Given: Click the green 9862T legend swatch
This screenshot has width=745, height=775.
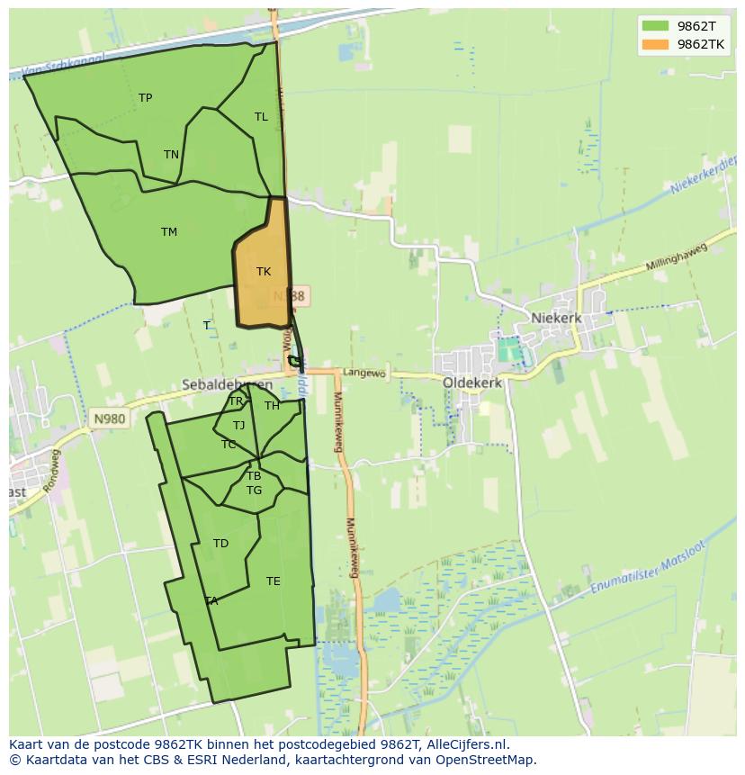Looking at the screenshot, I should [x=655, y=26].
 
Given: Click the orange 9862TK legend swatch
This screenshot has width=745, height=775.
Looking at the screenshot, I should [x=655, y=44].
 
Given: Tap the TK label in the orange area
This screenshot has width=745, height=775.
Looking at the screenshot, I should [x=264, y=272].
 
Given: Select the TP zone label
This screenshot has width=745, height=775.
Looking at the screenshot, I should [x=146, y=98].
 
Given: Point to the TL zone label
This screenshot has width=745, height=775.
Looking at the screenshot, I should [x=261, y=117].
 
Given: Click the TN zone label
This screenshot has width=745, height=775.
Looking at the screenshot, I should [x=171, y=155].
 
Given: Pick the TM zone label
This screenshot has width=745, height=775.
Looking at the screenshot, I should [x=169, y=232].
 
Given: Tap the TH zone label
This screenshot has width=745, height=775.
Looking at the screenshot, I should [x=272, y=406].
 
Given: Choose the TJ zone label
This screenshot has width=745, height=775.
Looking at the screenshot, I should [x=238, y=426].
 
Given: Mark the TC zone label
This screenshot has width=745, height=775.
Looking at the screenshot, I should [x=229, y=445].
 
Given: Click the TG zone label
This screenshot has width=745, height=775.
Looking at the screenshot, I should [x=254, y=491].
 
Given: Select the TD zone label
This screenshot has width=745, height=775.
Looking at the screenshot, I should [x=220, y=544].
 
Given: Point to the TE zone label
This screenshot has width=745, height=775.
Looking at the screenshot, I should [x=274, y=581].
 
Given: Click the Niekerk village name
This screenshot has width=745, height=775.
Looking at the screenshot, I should [x=556, y=318].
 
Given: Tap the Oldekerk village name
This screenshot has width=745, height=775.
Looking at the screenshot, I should [x=472, y=383].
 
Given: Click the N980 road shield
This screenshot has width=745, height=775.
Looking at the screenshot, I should [x=109, y=419].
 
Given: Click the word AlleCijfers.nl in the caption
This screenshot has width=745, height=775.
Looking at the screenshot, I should [x=467, y=744].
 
